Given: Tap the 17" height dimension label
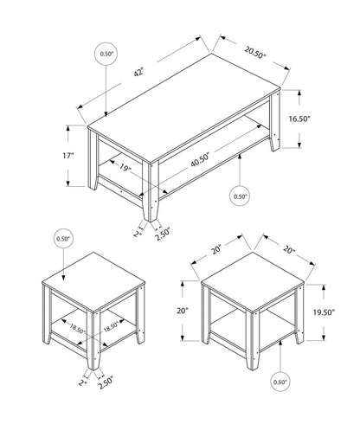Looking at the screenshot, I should pos(68,156).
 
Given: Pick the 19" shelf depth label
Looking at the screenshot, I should pos(126,170).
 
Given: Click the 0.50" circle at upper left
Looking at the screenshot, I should pos(106,55).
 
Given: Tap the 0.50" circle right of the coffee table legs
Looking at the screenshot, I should pos(241,196).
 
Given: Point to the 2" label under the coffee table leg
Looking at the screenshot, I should pos(136,232).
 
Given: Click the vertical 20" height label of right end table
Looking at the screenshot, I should pos(183,312).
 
